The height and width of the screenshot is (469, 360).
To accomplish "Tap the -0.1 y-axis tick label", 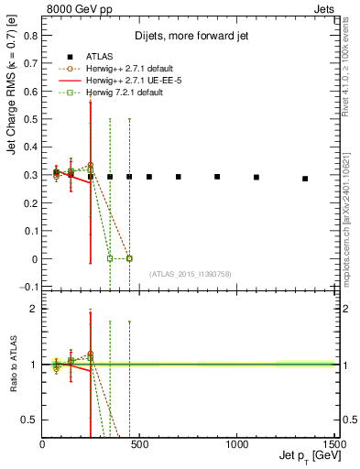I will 27,288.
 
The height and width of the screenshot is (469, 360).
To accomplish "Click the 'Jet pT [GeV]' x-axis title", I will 309,457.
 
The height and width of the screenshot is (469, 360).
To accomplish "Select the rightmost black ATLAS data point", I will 305,179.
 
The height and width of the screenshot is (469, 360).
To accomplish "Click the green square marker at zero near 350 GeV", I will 110,258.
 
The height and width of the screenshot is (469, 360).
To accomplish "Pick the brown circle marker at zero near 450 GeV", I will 129,258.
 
